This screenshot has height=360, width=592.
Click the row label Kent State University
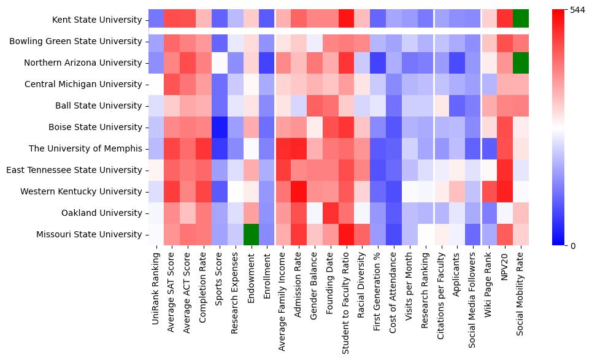97,20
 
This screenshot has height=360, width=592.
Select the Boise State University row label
94,128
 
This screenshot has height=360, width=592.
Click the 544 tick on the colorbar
578,10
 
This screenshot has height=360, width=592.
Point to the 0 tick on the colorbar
573,246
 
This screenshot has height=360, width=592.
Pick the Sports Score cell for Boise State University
220,127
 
